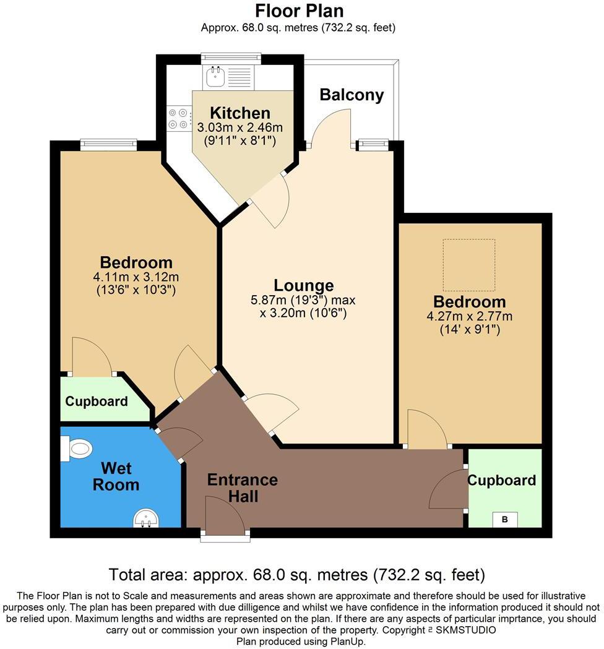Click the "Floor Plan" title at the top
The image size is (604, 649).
(x=299, y=11)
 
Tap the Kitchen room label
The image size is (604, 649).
(x=239, y=113)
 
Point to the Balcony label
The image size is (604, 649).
(x=352, y=95)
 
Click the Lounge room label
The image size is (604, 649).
(x=304, y=285)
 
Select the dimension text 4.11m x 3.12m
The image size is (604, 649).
(x=136, y=277)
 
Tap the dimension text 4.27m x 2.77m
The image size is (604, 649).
(x=469, y=317)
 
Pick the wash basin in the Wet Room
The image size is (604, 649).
(x=147, y=518)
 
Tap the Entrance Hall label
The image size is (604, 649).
(x=242, y=487)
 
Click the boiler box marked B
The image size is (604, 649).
(x=504, y=520)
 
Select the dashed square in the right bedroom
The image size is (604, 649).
(x=468, y=265)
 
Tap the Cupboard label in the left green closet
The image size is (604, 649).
(x=97, y=401)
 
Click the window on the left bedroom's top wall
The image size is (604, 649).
(x=108, y=144)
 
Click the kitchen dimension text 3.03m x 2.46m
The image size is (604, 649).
(x=239, y=128)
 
